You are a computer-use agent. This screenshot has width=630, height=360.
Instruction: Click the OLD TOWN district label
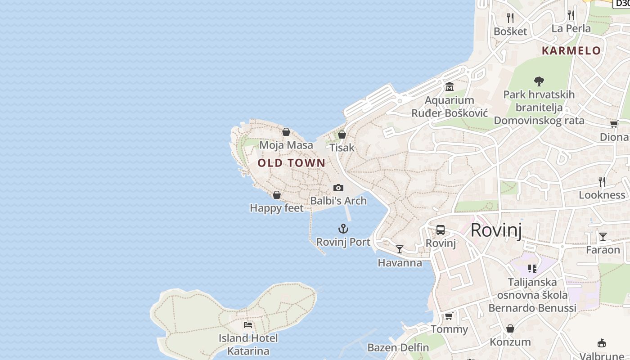pyautogui.click(x=291, y=163)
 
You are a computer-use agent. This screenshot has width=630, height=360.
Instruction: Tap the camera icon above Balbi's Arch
pyautogui.click(x=338, y=188)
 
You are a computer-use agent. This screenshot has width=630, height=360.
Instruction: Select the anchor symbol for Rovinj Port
pyautogui.click(x=343, y=229)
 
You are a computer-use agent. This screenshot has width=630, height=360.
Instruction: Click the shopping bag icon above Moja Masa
pyautogui.click(x=286, y=132)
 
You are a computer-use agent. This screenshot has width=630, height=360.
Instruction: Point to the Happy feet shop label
pyautogui.click(x=277, y=208)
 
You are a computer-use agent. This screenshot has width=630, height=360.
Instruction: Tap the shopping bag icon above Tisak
pyautogui.click(x=342, y=135)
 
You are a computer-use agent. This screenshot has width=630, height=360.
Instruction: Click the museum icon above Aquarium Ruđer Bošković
pyautogui.click(x=449, y=86)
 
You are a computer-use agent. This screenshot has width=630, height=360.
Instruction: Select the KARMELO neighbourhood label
pyautogui.click(x=571, y=50)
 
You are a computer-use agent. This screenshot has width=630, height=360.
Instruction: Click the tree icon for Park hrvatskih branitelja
pyautogui.click(x=539, y=81)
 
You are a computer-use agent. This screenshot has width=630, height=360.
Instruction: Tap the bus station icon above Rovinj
pyautogui.click(x=441, y=230)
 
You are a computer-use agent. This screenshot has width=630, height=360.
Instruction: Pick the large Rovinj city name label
pyautogui.click(x=496, y=230)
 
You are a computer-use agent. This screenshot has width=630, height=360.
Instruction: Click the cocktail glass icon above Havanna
pyautogui.click(x=400, y=249)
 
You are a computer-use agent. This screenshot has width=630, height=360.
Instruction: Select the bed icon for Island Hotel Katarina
pyautogui.click(x=248, y=324)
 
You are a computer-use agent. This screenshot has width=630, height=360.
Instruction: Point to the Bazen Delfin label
pyautogui.click(x=398, y=347)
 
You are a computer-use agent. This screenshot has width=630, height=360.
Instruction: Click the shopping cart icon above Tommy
pyautogui.click(x=449, y=316)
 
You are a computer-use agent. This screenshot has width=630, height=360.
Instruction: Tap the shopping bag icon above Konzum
pyautogui.click(x=510, y=328)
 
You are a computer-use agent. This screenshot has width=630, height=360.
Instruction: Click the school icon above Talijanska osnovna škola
pyautogui.click(x=532, y=269)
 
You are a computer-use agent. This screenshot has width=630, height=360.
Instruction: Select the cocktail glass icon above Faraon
pyautogui.click(x=603, y=236)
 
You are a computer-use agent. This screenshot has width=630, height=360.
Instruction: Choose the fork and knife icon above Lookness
pyautogui.click(x=602, y=181)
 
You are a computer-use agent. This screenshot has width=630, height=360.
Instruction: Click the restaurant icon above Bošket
pyautogui.click(x=510, y=18)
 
